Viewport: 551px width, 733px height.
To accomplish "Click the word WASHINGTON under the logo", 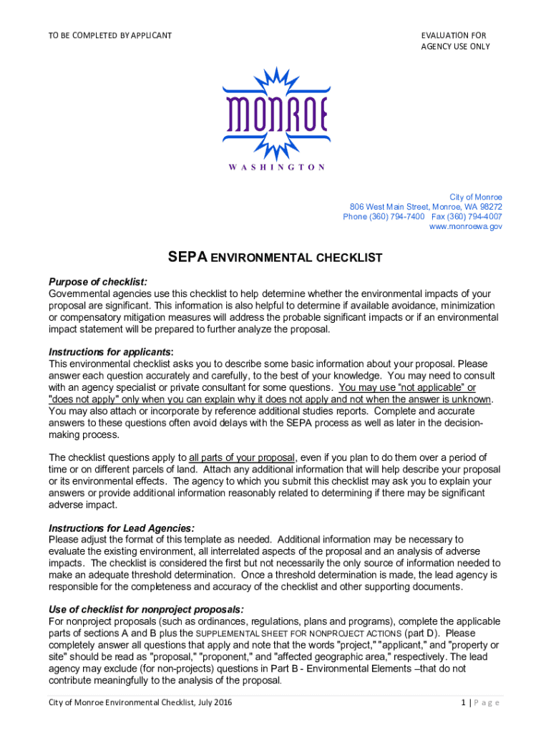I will (275, 167).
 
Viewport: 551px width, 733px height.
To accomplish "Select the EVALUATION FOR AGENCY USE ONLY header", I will (455, 41).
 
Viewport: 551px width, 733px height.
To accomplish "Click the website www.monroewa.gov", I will (465, 226).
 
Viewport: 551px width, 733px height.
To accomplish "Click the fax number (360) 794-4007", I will (475, 216).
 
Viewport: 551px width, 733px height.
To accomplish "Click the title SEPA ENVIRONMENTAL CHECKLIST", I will (275, 257).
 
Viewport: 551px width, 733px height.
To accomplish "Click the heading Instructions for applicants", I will (110, 352).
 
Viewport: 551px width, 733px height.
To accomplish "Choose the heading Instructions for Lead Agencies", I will (122, 528).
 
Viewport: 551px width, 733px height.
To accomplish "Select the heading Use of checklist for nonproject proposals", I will (146, 610).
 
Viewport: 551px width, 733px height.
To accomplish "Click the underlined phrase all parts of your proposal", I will (242, 457).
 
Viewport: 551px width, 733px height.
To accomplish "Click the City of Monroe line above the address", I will (475, 197).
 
